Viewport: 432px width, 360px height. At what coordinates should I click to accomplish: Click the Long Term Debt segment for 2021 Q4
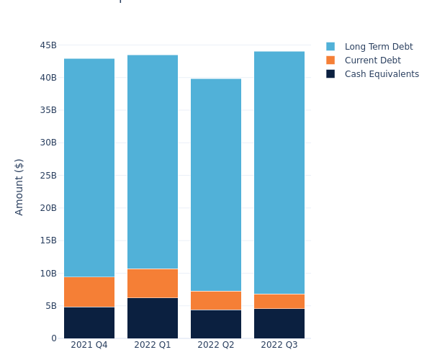(x=89, y=168)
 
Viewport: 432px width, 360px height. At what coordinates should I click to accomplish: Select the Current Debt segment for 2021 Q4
(x=89, y=292)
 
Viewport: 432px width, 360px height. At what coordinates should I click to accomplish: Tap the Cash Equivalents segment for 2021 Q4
(x=89, y=323)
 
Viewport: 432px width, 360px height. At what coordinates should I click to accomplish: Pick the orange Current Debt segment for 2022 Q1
(x=153, y=283)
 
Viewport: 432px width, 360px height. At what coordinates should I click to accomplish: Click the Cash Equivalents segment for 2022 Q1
(x=153, y=318)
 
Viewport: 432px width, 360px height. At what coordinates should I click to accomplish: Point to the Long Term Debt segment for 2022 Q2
(x=216, y=185)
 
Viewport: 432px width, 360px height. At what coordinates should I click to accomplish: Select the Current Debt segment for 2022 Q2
(x=216, y=300)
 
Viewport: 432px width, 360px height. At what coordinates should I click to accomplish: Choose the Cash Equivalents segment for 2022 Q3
(x=279, y=323)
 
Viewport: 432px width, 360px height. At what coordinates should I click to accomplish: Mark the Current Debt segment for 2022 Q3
(x=279, y=301)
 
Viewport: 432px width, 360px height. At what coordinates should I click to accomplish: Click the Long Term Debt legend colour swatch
(x=330, y=47)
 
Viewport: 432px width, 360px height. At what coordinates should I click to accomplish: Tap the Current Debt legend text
(x=372, y=60)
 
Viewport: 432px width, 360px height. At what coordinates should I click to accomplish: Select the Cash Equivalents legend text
(x=382, y=74)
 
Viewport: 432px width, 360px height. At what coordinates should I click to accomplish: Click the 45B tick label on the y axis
(x=48, y=45)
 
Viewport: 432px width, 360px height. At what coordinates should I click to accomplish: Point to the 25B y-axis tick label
(x=48, y=176)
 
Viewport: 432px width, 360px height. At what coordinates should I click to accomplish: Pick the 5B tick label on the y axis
(x=50, y=306)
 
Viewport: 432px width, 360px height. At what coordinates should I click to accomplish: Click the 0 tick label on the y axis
(x=54, y=338)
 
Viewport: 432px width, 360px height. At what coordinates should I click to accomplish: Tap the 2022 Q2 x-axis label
(x=216, y=345)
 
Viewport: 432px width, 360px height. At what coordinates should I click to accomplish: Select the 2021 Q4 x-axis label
(x=89, y=345)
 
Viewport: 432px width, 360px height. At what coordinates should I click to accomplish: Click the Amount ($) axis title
(x=19, y=186)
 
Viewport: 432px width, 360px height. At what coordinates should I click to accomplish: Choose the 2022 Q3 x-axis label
(x=279, y=345)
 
